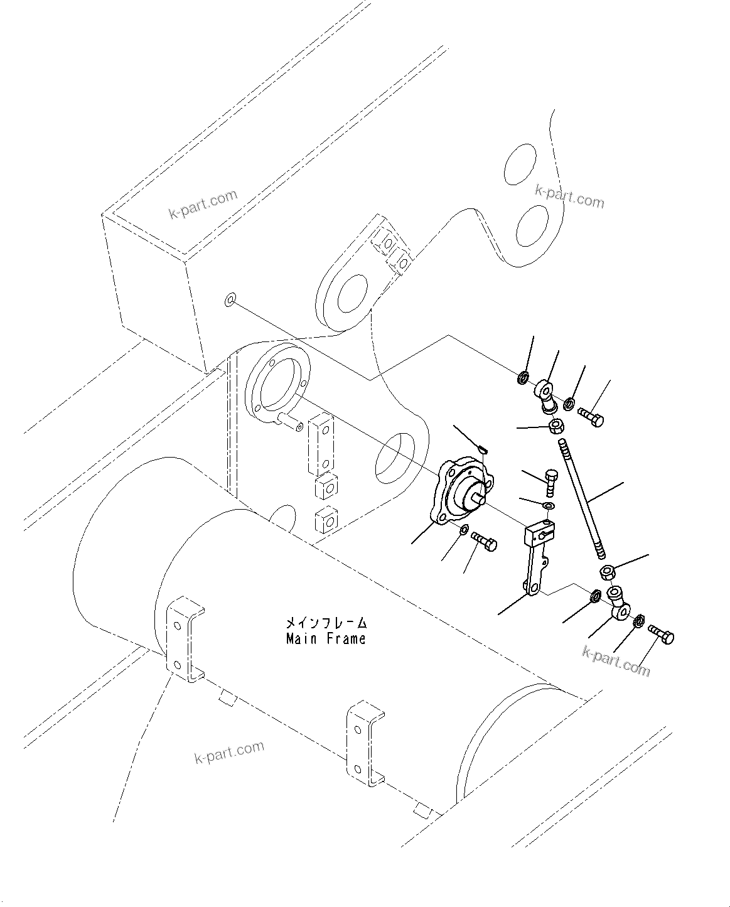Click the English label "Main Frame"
coord(325,639)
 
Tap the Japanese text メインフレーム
coord(325,623)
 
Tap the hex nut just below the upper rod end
coord(556,427)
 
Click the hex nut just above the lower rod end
coord(607,572)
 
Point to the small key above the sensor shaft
coord(482,448)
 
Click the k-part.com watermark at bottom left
coord(229,752)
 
